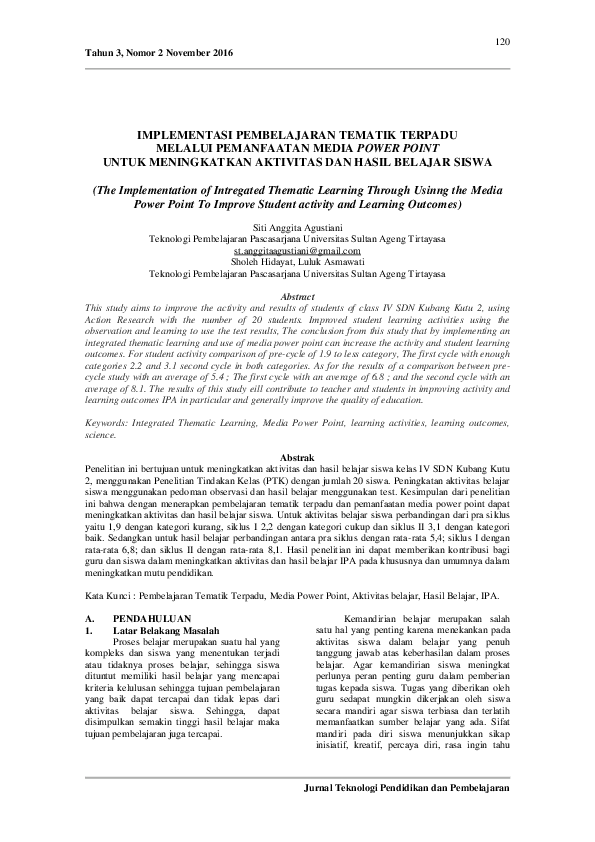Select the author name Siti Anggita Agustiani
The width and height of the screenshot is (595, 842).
(x=297, y=230)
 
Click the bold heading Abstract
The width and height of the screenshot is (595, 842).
(x=297, y=297)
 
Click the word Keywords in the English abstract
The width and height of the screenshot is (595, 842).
(x=107, y=424)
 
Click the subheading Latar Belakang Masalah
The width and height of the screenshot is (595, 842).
(x=166, y=631)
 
